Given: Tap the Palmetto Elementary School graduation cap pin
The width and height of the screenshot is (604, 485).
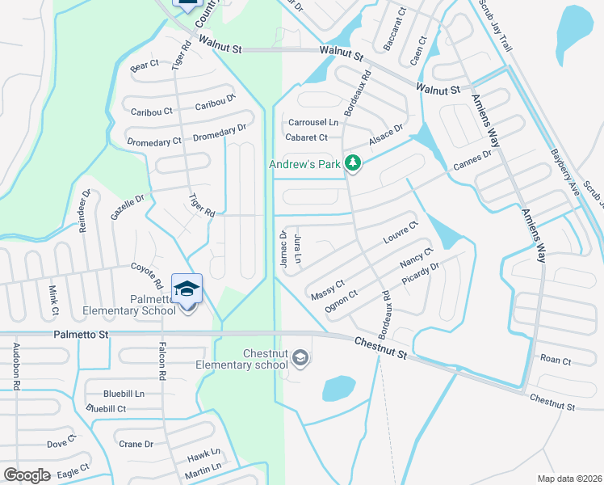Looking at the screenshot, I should pos(187,289).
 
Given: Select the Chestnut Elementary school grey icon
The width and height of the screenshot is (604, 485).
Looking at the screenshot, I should pos(300,358).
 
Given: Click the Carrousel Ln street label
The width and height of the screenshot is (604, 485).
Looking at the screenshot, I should pos(313,123).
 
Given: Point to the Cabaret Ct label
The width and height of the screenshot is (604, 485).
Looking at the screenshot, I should pos(307,137).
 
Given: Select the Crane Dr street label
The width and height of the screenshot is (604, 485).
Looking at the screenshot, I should pos(136,444).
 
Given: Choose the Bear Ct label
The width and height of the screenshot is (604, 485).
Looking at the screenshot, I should pos(145,64).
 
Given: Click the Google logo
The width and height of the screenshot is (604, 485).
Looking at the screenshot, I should pos(27,475).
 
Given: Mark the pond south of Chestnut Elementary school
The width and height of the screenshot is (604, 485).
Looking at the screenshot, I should pos(339,389).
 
